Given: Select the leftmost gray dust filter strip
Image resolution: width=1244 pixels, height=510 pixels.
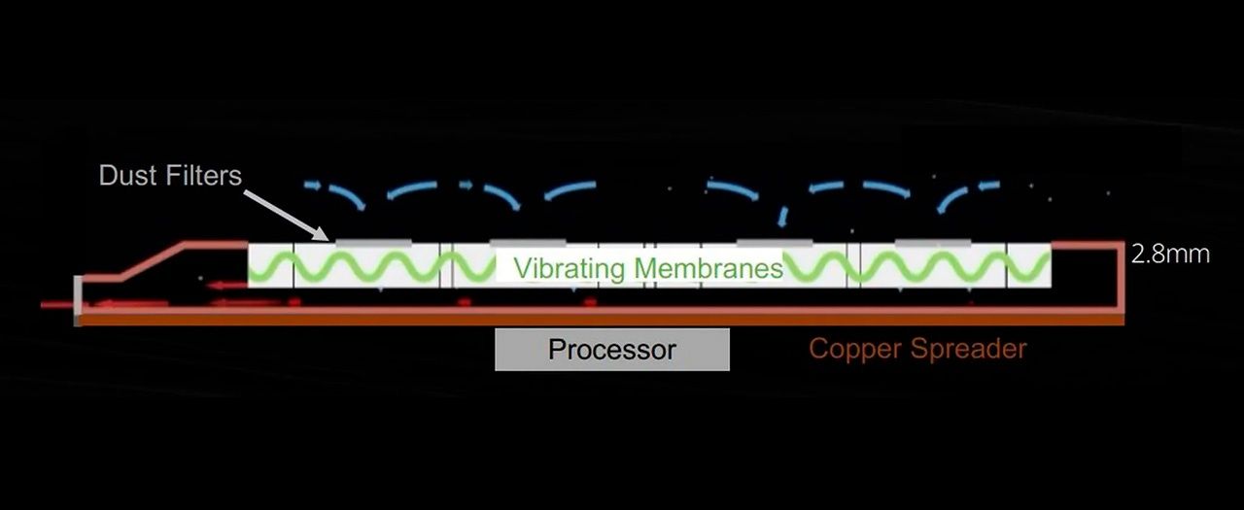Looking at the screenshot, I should pos(373,241).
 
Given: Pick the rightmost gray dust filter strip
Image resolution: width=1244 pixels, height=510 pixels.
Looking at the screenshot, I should pos(932,241).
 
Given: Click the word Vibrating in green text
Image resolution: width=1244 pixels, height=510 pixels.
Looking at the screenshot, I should pos(570,267).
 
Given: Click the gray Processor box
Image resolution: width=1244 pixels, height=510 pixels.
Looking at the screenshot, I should pos(611,350).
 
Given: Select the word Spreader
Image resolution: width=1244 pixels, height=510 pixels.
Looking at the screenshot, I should pos(972,348).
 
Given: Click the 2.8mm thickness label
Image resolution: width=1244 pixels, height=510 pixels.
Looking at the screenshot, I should pos(1170,255).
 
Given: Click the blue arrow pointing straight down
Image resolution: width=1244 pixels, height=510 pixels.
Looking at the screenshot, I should pos(782,213).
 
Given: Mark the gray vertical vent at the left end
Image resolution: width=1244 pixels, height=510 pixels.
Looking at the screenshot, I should pos(78,299).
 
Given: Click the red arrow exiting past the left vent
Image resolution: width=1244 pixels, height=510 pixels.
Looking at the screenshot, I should pos(58,305).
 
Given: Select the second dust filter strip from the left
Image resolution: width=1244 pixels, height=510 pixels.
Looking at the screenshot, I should pos(528,241).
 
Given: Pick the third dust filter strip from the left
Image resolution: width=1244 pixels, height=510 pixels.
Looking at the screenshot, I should pos(775,241).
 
